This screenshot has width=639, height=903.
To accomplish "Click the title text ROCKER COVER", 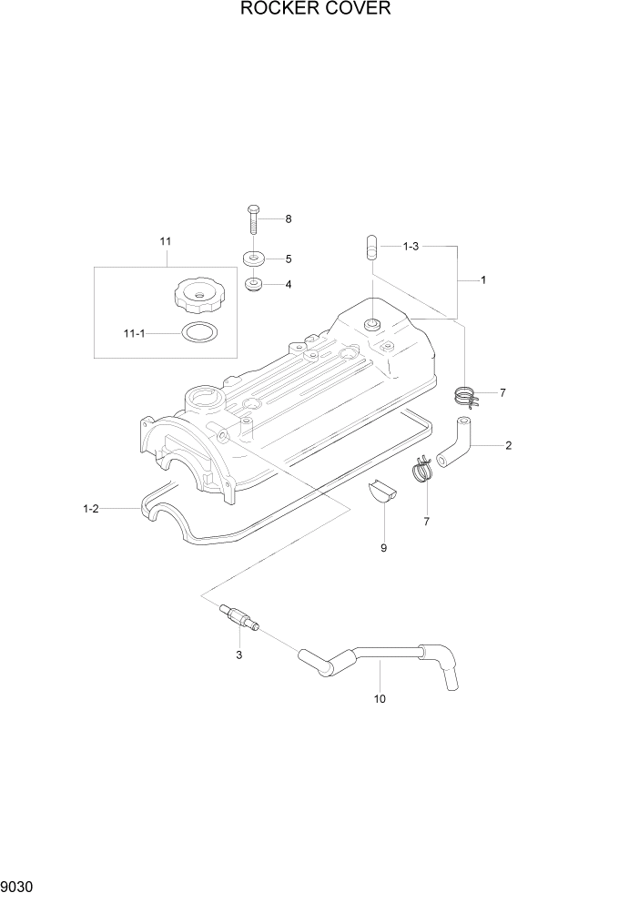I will point(316,10).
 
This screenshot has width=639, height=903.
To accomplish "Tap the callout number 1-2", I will point(89,509).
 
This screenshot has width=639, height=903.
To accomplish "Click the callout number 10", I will point(380,699).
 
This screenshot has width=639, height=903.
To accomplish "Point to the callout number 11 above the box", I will point(165,241).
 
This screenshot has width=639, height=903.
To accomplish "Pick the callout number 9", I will point(383,548).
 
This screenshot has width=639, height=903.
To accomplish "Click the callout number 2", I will point(508,445).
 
